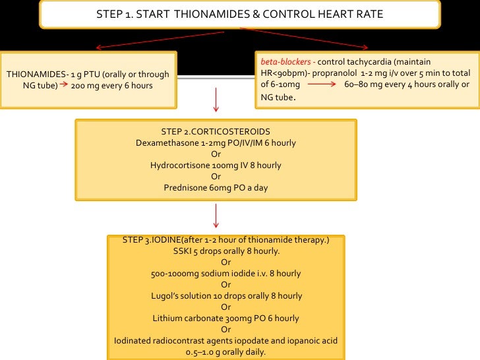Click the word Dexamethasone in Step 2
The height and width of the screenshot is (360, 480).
[x=166, y=142]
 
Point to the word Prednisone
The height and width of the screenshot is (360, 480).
[x=187, y=187]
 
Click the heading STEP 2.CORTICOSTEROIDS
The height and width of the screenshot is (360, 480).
[x=216, y=131]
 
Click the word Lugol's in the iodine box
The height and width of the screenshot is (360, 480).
[x=167, y=295]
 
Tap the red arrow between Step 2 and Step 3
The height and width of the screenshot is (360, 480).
[x=216, y=214]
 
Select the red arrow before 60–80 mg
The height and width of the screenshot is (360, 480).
[x=323, y=84]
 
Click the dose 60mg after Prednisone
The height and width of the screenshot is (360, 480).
[x=226, y=187]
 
